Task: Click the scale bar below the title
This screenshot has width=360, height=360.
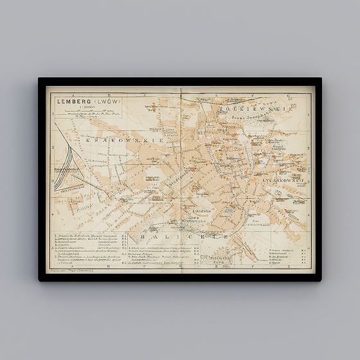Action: tap(80, 113)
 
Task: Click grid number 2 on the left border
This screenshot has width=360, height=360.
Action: tap(50, 147)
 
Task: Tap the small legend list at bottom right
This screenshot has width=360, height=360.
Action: tap(285, 253)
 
